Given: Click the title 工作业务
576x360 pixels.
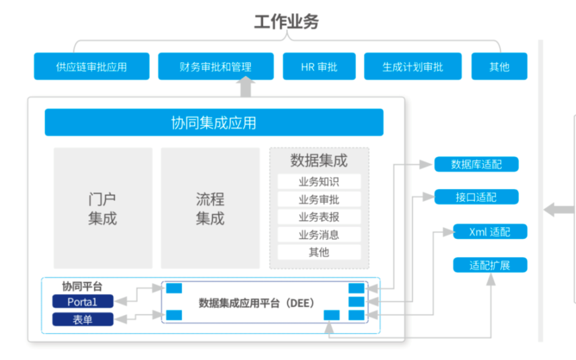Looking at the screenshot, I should pyautogui.click(x=287, y=22).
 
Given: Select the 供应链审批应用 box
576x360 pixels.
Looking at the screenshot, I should pyautogui.click(x=91, y=67).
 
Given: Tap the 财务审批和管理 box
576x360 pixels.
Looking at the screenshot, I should pyautogui.click(x=215, y=67).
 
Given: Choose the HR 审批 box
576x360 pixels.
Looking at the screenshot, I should pyautogui.click(x=319, y=67).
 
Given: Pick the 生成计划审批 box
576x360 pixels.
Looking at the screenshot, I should pyautogui.click(x=412, y=67).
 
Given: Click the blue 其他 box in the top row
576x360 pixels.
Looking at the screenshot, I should pyautogui.click(x=499, y=67).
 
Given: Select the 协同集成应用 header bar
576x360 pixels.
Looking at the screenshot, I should pyautogui.click(x=213, y=123).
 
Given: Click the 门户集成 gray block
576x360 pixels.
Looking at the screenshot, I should pyautogui.click(x=102, y=208).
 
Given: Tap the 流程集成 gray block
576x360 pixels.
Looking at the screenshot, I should pyautogui.click(x=210, y=208).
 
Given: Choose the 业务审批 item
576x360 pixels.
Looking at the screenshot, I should pyautogui.click(x=319, y=199).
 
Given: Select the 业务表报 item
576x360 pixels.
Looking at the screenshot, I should pyautogui.click(x=319, y=217).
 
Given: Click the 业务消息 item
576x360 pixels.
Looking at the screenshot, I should pyautogui.click(x=319, y=234).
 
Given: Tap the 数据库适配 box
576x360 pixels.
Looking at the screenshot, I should pyautogui.click(x=476, y=164).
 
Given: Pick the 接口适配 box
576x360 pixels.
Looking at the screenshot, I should pyautogui.click(x=476, y=197).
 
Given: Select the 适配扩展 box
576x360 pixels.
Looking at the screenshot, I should pyautogui.click(x=489, y=266).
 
